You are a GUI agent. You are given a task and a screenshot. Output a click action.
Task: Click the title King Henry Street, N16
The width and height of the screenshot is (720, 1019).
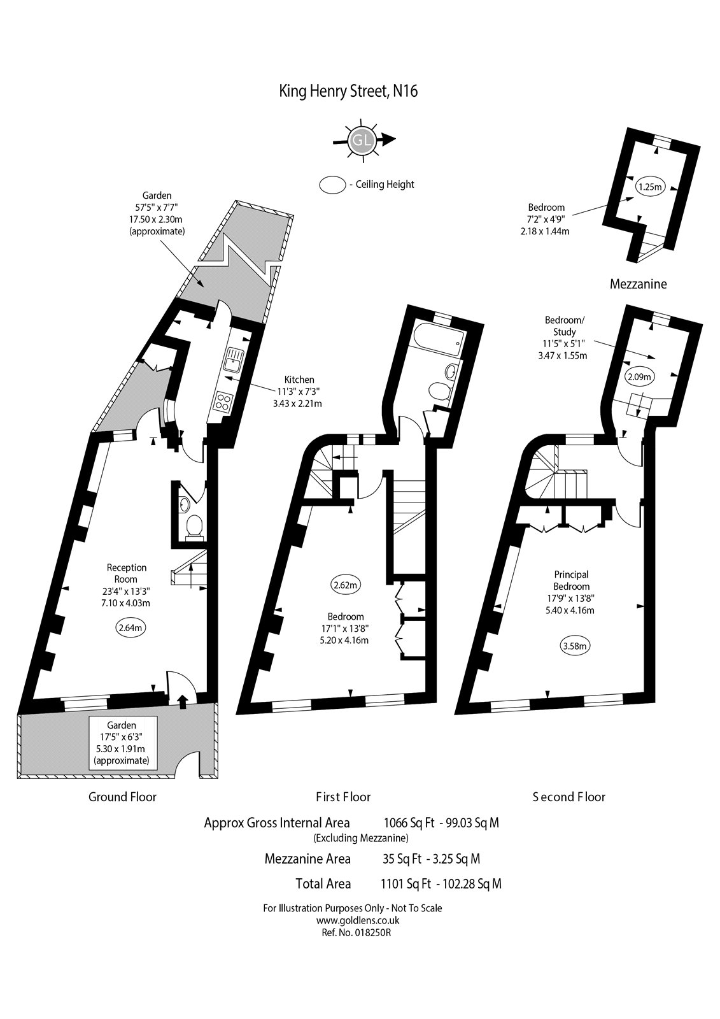348,91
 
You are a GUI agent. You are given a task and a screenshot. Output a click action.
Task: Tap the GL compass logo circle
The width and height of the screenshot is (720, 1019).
361,140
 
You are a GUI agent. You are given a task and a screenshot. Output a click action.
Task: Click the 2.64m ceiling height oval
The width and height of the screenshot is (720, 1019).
130,627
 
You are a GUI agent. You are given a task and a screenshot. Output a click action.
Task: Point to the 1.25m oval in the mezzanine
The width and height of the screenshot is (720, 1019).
650,187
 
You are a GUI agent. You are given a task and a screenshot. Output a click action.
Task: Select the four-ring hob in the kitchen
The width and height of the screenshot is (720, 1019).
224,401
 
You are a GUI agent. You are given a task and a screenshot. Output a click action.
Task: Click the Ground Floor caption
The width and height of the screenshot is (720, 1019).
122,797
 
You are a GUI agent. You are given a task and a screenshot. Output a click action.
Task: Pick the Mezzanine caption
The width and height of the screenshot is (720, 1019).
638,284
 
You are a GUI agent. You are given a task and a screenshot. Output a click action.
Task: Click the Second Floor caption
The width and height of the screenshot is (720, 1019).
568,797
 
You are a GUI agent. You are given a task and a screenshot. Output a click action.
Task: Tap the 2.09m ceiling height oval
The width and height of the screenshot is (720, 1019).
639,376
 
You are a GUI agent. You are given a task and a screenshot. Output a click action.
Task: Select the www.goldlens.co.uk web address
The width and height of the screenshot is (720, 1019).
352,920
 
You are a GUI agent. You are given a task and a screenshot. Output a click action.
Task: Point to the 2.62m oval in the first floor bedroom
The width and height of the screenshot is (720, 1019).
346,584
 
